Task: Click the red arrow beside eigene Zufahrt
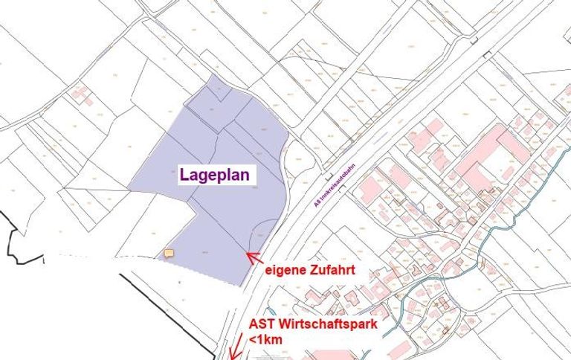[254, 259]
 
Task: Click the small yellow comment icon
[169, 254]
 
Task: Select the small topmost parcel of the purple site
[220, 89]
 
